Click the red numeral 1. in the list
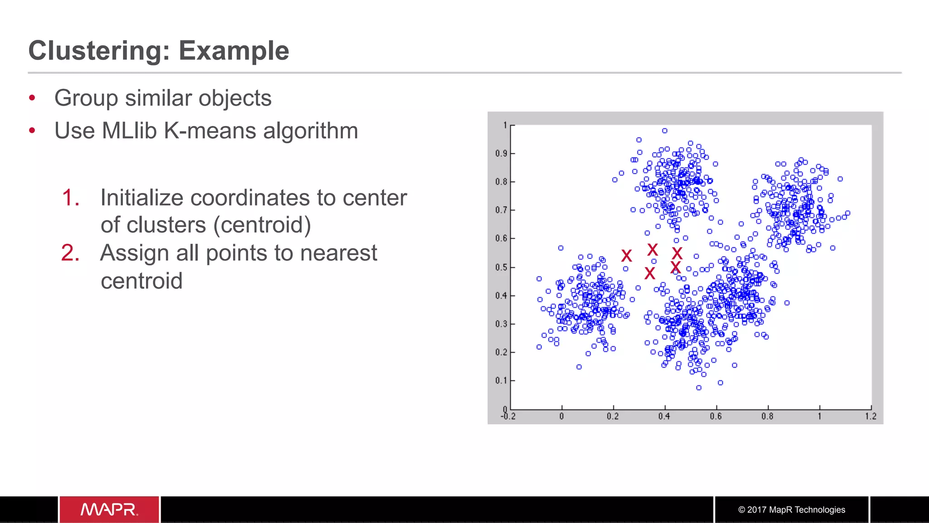pos(71,198)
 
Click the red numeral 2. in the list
pos(70,253)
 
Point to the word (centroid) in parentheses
pos(262,225)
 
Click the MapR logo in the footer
pos(109,509)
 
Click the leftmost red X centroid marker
pos(626,256)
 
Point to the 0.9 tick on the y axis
pos(501,153)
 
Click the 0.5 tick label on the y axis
pos(501,267)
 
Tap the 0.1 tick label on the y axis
pos(501,380)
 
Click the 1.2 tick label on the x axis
pos(870,416)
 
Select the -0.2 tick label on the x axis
pos(508,416)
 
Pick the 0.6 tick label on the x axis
pos(716,416)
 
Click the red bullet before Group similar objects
pos(32,98)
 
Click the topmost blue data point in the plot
pos(665,131)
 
